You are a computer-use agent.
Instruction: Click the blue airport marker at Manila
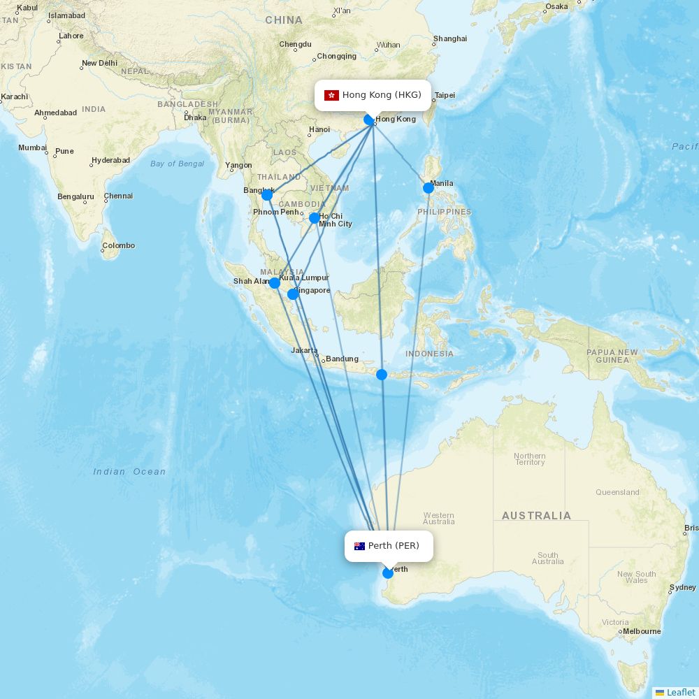point(428,188)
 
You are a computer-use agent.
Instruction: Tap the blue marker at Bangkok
point(267,195)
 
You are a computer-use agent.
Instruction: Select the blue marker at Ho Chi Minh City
point(315,218)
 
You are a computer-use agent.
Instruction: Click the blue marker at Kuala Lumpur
point(275,283)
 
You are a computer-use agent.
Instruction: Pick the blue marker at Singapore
point(294,294)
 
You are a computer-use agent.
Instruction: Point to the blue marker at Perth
point(388,573)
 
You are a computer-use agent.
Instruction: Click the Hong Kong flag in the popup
point(331,95)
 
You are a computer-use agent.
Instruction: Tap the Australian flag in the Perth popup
point(359,546)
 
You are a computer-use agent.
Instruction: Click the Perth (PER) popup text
point(394,546)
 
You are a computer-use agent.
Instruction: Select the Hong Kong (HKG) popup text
point(382,95)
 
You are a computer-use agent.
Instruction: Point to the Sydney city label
point(682,588)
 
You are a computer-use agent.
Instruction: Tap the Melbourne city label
point(642,631)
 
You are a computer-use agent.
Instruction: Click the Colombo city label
point(119,246)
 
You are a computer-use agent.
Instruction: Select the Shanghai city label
point(450,39)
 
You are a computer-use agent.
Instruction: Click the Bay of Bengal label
point(177,164)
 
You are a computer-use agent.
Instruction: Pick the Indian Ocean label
point(130,472)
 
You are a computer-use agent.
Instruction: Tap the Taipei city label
point(445,96)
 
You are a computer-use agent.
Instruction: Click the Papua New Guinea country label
point(612,356)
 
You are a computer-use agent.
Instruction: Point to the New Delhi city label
point(99,64)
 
